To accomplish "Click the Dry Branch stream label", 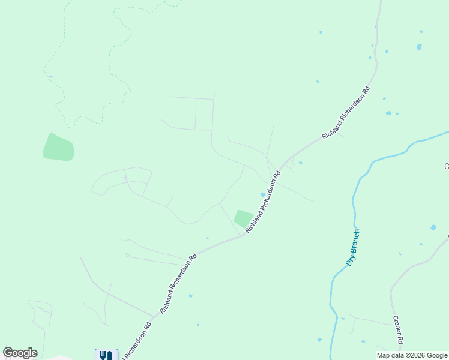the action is tap(353, 247).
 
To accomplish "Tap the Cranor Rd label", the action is tap(397, 329).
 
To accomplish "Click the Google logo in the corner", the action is tap(20, 353).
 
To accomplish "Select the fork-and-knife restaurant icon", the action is tap(106, 355).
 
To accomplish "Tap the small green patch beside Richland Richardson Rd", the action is tap(243, 218).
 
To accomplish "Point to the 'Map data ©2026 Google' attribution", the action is tap(412, 355).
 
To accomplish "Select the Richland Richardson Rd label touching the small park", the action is tap(263, 203).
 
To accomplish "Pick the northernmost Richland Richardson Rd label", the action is tap(345, 113).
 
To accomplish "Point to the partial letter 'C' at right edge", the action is tap(446, 166).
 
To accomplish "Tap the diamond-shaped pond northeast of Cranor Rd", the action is tap(433, 228).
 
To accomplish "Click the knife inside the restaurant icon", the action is tap(109, 355).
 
